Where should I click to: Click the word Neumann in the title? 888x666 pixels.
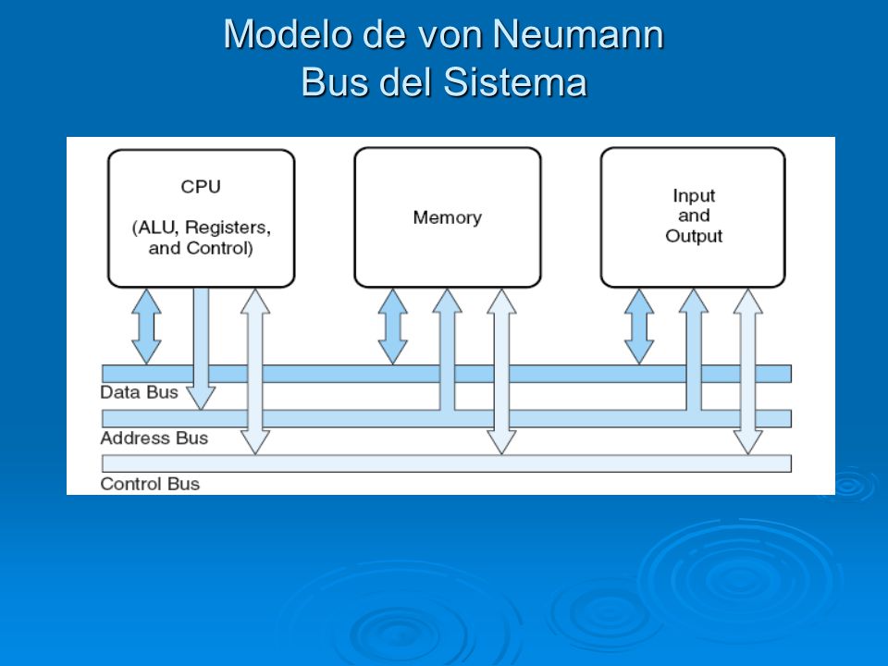point(577,34)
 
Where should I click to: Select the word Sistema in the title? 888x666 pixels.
point(515,82)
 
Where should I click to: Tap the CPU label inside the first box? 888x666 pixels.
point(201,186)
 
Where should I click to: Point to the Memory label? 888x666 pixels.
point(448,217)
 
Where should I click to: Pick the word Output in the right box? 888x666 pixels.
point(694,236)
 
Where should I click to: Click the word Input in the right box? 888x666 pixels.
point(694,195)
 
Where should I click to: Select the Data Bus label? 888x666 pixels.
point(140,392)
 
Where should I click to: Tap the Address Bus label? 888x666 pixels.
point(154,438)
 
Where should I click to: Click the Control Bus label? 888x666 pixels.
point(150,484)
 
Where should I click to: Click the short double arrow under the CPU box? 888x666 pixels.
point(147,327)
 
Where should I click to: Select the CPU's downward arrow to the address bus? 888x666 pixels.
point(201,349)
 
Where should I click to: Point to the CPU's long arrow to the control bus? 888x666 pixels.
point(255,372)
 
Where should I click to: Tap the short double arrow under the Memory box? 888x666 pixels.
point(393,327)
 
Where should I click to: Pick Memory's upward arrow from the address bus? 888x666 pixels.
point(448,350)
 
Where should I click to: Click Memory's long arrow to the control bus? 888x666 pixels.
point(501,372)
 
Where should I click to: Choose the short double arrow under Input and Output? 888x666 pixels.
point(639,327)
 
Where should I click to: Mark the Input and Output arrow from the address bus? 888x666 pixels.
point(694,350)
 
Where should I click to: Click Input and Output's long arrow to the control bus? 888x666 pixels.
point(748,372)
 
